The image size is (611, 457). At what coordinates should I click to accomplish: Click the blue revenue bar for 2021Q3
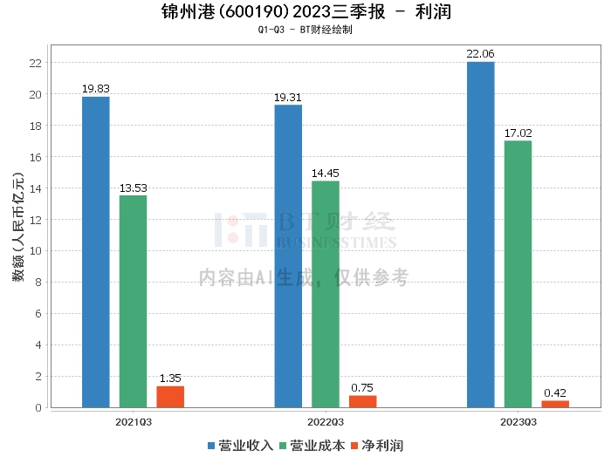tap(96, 252)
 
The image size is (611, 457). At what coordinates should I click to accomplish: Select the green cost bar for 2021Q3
tap(133, 302)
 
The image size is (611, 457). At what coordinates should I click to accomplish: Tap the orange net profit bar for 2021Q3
tap(170, 397)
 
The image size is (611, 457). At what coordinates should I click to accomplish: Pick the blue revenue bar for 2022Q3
tap(288, 256)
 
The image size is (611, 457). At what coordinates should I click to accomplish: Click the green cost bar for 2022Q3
tap(326, 294)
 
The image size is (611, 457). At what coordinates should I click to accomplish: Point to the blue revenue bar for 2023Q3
tap(480, 235)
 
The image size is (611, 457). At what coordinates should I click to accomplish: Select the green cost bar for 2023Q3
tap(518, 274)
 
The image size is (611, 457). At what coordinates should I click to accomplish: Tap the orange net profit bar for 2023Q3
tap(555, 404)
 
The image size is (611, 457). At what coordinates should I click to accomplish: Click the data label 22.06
tap(480, 54)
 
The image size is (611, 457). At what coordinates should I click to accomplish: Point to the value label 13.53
tap(133, 188)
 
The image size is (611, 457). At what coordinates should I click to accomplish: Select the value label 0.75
tap(362, 387)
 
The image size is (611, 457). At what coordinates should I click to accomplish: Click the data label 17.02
tap(518, 133)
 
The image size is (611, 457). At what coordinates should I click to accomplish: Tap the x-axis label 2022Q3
tap(325, 421)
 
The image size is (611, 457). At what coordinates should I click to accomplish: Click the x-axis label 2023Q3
tap(518, 421)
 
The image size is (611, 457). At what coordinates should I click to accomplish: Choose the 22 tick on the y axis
tap(36, 63)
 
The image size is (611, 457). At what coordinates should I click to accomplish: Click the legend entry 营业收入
tap(241, 445)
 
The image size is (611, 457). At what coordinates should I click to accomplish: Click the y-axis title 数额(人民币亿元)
tap(17, 227)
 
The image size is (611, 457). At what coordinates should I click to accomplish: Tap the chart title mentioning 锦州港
tap(306, 12)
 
